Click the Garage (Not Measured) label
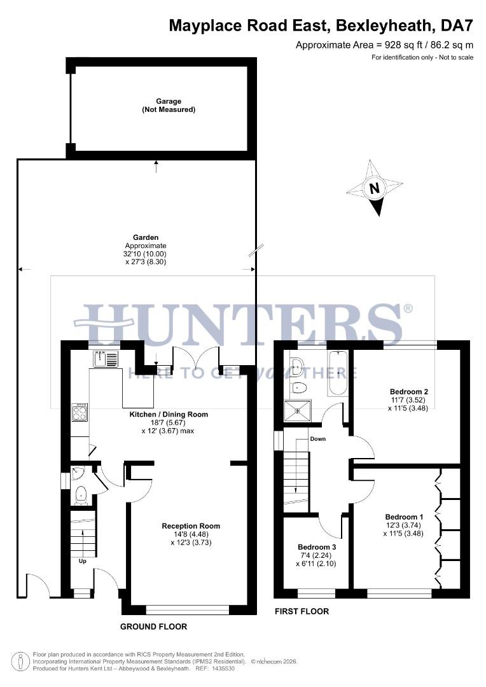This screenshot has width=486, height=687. [x=169, y=105]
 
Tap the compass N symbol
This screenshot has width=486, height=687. [x=375, y=188]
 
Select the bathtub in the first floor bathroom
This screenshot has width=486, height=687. [x=338, y=372]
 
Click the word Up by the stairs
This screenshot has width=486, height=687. [x=83, y=561]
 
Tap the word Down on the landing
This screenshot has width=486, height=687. [x=318, y=439]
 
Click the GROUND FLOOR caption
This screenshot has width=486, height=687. [x=154, y=627]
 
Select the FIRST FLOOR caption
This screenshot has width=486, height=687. [x=302, y=611]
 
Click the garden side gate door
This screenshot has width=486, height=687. [x=37, y=584]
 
